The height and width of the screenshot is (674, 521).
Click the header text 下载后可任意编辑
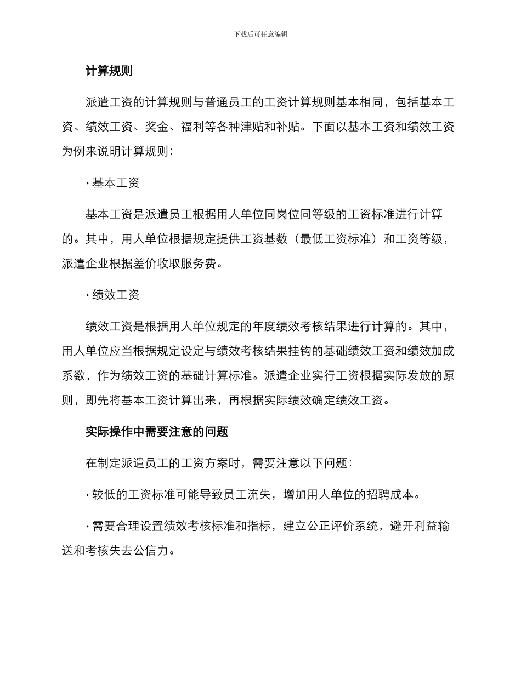[260, 34]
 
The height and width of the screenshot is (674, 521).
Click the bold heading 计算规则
[109, 71]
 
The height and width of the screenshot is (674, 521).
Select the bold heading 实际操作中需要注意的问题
[157, 432]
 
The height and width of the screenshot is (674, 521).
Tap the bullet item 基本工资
[115, 183]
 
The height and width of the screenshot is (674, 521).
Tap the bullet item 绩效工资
[115, 295]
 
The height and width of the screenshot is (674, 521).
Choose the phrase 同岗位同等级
[282, 214]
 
